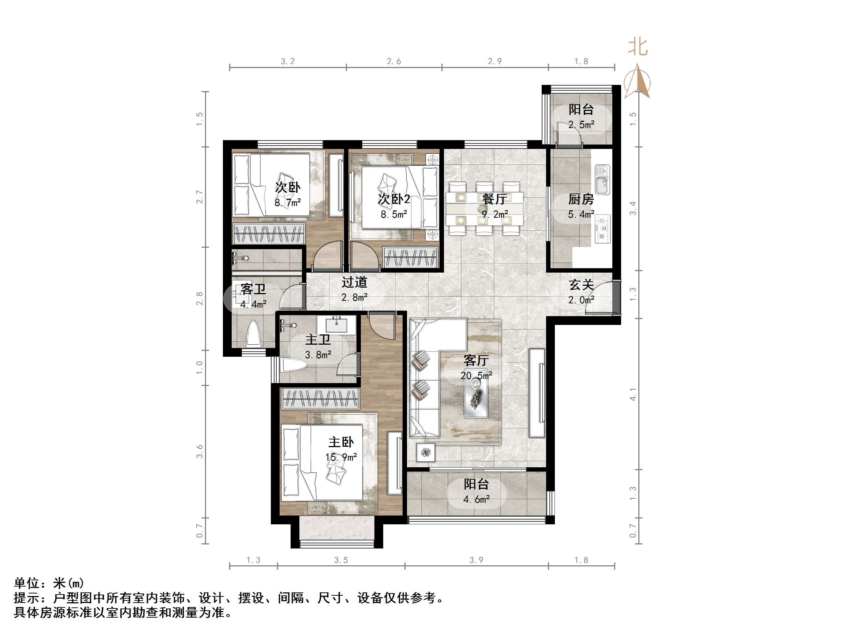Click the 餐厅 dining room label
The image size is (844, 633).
point(494,198)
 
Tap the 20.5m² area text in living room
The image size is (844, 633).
point(476,375)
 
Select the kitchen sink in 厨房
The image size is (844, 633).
point(602,179)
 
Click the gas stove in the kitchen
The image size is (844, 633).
point(602,229)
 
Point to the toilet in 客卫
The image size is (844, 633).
point(253,333)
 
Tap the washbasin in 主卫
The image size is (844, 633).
point(336,325)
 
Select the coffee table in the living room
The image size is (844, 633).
point(476,399)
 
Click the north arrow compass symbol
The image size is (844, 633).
point(637,82)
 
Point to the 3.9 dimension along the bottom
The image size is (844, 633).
point(476,560)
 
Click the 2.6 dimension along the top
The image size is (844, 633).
point(394,61)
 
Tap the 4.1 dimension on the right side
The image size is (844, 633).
point(632,394)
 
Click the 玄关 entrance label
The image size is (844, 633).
point(581,285)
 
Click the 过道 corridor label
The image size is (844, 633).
point(354,282)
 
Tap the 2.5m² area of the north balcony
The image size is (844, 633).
point(581,124)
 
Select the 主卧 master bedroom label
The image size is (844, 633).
point(341,442)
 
